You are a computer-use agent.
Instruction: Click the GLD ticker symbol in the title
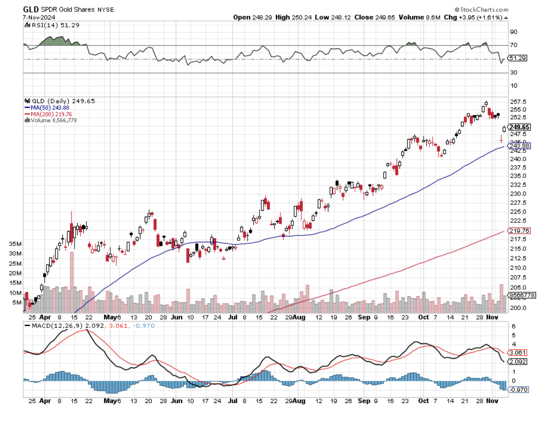pyautogui.click(x=31, y=9)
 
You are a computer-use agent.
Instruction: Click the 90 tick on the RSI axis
pyautogui.click(x=514, y=32)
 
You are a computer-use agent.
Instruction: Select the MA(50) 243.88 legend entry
pyautogui.click(x=47, y=107)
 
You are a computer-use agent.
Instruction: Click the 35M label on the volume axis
pyautogui.click(x=15, y=244)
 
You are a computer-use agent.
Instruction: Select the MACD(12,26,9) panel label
pyautogui.click(x=58, y=325)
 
